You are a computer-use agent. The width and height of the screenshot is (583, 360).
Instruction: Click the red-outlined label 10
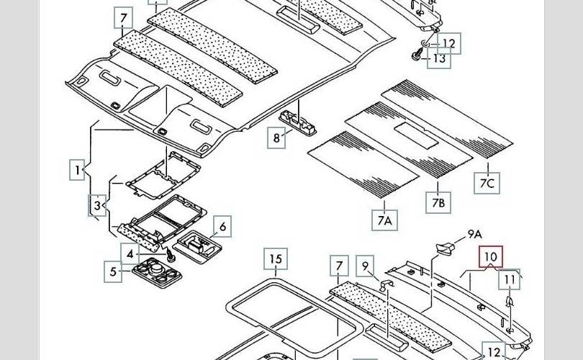coord(491,257)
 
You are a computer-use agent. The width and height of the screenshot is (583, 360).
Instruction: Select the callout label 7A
coord(384,221)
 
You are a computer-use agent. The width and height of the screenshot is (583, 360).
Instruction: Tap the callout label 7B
coord(438,203)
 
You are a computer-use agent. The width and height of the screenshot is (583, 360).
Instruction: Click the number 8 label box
coord(276,137)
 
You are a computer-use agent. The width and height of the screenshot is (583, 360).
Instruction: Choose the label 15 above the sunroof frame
coord(276,259)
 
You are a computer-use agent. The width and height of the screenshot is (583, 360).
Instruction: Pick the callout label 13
coord(439,59)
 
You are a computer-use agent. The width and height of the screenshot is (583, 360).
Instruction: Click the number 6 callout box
coord(222,228)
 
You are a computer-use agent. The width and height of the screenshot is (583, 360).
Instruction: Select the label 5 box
coord(113,272)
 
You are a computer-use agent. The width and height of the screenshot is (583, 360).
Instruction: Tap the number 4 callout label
coord(130,254)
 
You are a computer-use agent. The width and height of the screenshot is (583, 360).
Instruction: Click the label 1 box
coord(77,171)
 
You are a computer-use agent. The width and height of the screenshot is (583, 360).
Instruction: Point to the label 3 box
coord(98,206)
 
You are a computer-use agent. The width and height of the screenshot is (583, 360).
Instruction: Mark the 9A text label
coord(474,234)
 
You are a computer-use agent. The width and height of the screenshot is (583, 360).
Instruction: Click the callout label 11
coord(510,279)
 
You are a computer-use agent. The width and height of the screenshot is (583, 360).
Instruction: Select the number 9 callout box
coord(366,267)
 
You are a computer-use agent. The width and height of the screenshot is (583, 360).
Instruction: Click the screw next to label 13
coord(419,55)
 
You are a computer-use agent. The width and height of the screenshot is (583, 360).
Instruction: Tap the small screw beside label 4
coord(171,256)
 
